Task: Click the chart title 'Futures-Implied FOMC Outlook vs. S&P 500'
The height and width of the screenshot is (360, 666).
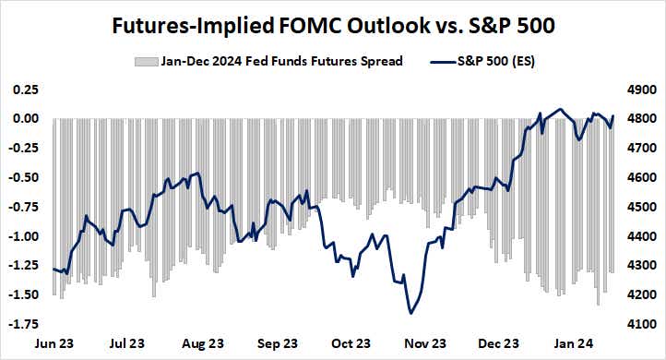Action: point(333,27)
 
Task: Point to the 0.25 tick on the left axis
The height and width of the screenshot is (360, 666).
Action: point(26,90)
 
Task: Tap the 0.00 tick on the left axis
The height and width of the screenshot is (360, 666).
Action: point(26,119)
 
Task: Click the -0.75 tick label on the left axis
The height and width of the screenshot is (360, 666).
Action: point(24,207)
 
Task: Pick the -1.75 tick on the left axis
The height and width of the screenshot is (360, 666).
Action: point(24,324)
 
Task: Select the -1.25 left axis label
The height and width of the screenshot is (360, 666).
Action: point(24,266)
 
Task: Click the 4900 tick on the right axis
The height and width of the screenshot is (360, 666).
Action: point(640,90)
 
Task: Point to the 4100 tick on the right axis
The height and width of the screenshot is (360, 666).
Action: point(640,324)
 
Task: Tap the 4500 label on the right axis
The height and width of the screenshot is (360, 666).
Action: point(640,207)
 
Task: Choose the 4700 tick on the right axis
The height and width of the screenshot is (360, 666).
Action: point(640,149)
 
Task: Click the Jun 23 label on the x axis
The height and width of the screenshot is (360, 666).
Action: point(54,343)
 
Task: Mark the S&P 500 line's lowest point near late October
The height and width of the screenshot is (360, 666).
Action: point(410,313)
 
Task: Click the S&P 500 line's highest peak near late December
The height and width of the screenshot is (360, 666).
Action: point(560,109)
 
